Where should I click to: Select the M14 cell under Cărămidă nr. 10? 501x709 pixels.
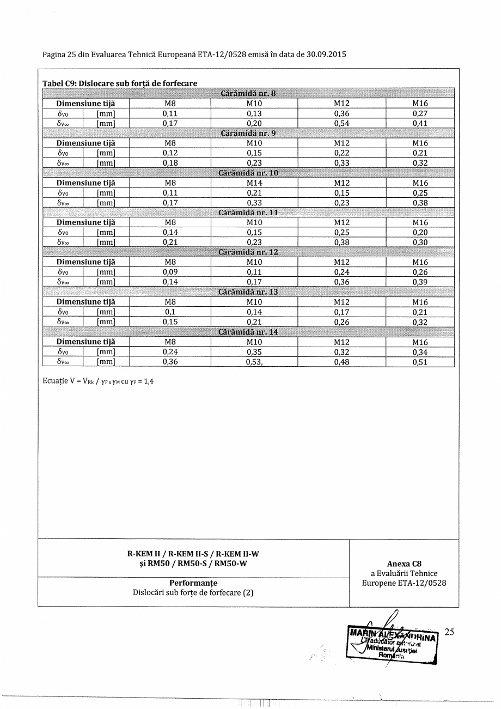click(254, 183)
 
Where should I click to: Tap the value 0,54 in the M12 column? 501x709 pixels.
click(341, 123)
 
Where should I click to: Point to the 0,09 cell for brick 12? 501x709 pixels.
click(171, 272)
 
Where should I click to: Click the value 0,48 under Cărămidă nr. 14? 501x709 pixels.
click(341, 362)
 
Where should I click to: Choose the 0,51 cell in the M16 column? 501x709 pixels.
click(420, 362)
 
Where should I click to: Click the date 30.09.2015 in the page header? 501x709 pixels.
click(326, 54)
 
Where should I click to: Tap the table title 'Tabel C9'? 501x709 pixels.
click(59, 83)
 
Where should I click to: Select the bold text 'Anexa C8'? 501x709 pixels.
click(404, 564)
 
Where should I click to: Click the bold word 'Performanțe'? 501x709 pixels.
click(193, 583)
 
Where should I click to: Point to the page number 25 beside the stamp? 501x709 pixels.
click(449, 632)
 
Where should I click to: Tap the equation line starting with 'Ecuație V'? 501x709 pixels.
click(98, 381)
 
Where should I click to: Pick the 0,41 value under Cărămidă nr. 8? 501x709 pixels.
click(420, 123)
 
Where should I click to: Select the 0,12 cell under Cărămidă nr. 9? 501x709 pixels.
click(171, 153)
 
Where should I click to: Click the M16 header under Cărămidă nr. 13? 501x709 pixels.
click(420, 302)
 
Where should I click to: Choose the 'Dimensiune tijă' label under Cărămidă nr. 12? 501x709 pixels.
click(86, 262)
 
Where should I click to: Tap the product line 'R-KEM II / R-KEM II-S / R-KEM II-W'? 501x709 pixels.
click(193, 554)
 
